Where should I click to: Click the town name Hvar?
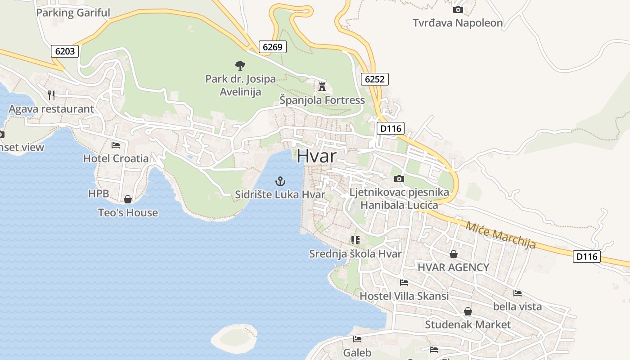tap(316, 156)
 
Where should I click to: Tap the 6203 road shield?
tap(65, 51)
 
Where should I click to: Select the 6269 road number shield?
tap(272, 46)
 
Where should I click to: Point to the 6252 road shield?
tap(374, 80)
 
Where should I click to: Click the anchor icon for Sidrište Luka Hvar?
tap(280, 181)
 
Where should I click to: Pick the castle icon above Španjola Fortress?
tap(322, 86)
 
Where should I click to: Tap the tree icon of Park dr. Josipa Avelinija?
tap(240, 66)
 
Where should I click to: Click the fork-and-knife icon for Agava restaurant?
tap(51, 95)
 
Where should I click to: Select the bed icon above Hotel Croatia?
tap(116, 145)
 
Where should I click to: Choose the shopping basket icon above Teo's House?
tap(128, 199)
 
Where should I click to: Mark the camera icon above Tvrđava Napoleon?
tap(458, 9)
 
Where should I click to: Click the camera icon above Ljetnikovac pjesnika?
tap(399, 179)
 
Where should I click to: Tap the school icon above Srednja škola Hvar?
tap(355, 240)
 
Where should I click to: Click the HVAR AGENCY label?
tap(453, 267)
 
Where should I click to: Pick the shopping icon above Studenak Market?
tap(468, 311)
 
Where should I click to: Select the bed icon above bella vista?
tap(517, 293)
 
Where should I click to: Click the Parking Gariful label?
tap(73, 13)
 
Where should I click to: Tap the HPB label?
tap(99, 193)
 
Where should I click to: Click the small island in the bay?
tap(234, 337)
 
